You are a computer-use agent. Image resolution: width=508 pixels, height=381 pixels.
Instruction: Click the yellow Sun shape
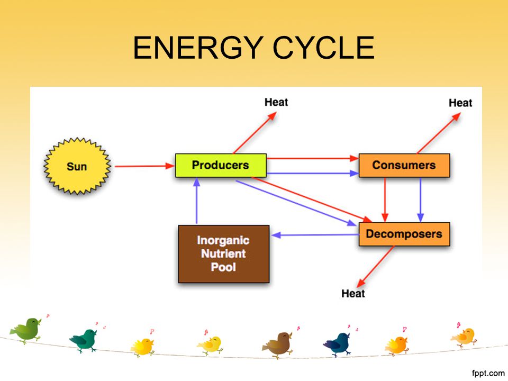77,166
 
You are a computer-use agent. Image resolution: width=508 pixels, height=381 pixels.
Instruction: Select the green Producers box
221,165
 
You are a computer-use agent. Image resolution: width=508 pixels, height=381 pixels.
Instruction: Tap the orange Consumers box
404,165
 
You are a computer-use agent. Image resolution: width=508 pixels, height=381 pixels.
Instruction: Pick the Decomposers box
404,234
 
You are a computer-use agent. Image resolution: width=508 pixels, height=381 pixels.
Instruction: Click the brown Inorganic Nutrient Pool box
223,253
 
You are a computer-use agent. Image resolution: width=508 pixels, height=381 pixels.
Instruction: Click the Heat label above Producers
276,102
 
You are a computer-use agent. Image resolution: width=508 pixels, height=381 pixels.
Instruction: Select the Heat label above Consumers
460,103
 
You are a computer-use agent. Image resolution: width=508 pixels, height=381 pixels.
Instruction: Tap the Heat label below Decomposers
353,293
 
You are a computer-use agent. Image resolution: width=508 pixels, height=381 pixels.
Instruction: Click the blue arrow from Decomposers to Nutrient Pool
315,235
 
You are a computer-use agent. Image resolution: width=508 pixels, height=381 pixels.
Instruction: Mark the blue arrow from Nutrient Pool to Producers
197,201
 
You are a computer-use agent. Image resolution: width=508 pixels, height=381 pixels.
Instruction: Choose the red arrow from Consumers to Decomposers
385,200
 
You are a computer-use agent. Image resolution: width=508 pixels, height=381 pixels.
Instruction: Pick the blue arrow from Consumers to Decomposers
421,200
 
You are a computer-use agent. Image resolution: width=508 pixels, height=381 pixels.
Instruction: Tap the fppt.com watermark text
488,373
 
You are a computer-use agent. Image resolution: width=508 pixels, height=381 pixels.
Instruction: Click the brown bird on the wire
278,345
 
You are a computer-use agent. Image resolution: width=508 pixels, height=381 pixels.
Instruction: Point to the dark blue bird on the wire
338,344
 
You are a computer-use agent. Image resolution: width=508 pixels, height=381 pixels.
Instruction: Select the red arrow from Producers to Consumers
313,158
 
